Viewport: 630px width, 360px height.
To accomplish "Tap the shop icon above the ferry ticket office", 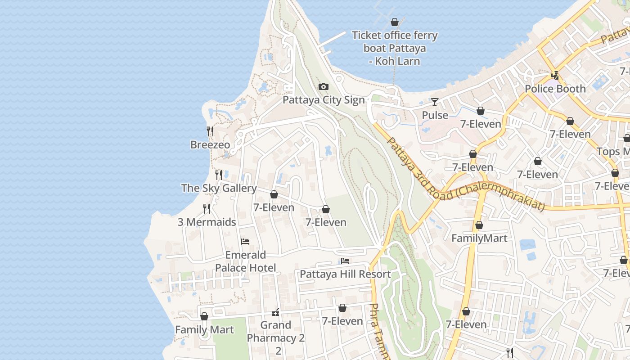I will click(395, 22).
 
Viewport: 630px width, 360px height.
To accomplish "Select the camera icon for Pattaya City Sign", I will click(323, 86).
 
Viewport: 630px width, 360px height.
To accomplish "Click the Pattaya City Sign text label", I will click(323, 99).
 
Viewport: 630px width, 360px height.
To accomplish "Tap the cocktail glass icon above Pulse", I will click(435, 102).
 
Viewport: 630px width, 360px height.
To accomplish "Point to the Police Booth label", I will click(555, 89).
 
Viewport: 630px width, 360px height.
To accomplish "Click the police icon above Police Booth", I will click(555, 76).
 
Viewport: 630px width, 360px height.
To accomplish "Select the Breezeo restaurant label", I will click(210, 145).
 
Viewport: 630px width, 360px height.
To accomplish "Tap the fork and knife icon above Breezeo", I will click(210, 131).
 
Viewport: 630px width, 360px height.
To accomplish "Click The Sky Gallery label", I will click(219, 188).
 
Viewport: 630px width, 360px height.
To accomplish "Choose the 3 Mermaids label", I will click(207, 222).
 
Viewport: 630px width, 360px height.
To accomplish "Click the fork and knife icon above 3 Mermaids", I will click(207, 208).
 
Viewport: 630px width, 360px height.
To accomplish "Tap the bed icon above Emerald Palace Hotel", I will click(245, 242).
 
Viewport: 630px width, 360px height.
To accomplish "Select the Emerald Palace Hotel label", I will click(245, 261).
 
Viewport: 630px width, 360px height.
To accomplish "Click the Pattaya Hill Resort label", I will click(345, 274).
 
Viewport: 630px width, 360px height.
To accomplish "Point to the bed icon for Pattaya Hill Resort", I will click(345, 261).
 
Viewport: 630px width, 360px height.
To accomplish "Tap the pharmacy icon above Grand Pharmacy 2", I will click(276, 312).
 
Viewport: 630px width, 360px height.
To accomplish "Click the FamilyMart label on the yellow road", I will click(479, 238).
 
